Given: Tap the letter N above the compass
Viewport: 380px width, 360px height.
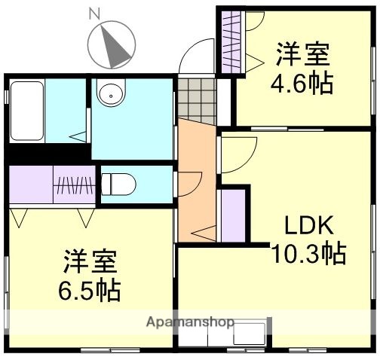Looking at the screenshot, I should coord(94,12).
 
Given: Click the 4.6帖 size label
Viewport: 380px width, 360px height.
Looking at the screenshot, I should coord(302,83).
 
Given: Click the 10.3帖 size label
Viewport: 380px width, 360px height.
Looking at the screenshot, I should coord(308,252).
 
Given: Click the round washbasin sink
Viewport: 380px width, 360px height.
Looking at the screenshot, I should coord(111,96).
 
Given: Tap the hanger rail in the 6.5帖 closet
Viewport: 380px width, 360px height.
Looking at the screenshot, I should coord(75,184).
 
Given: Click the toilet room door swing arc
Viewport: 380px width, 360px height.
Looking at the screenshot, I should coord(189,185).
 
